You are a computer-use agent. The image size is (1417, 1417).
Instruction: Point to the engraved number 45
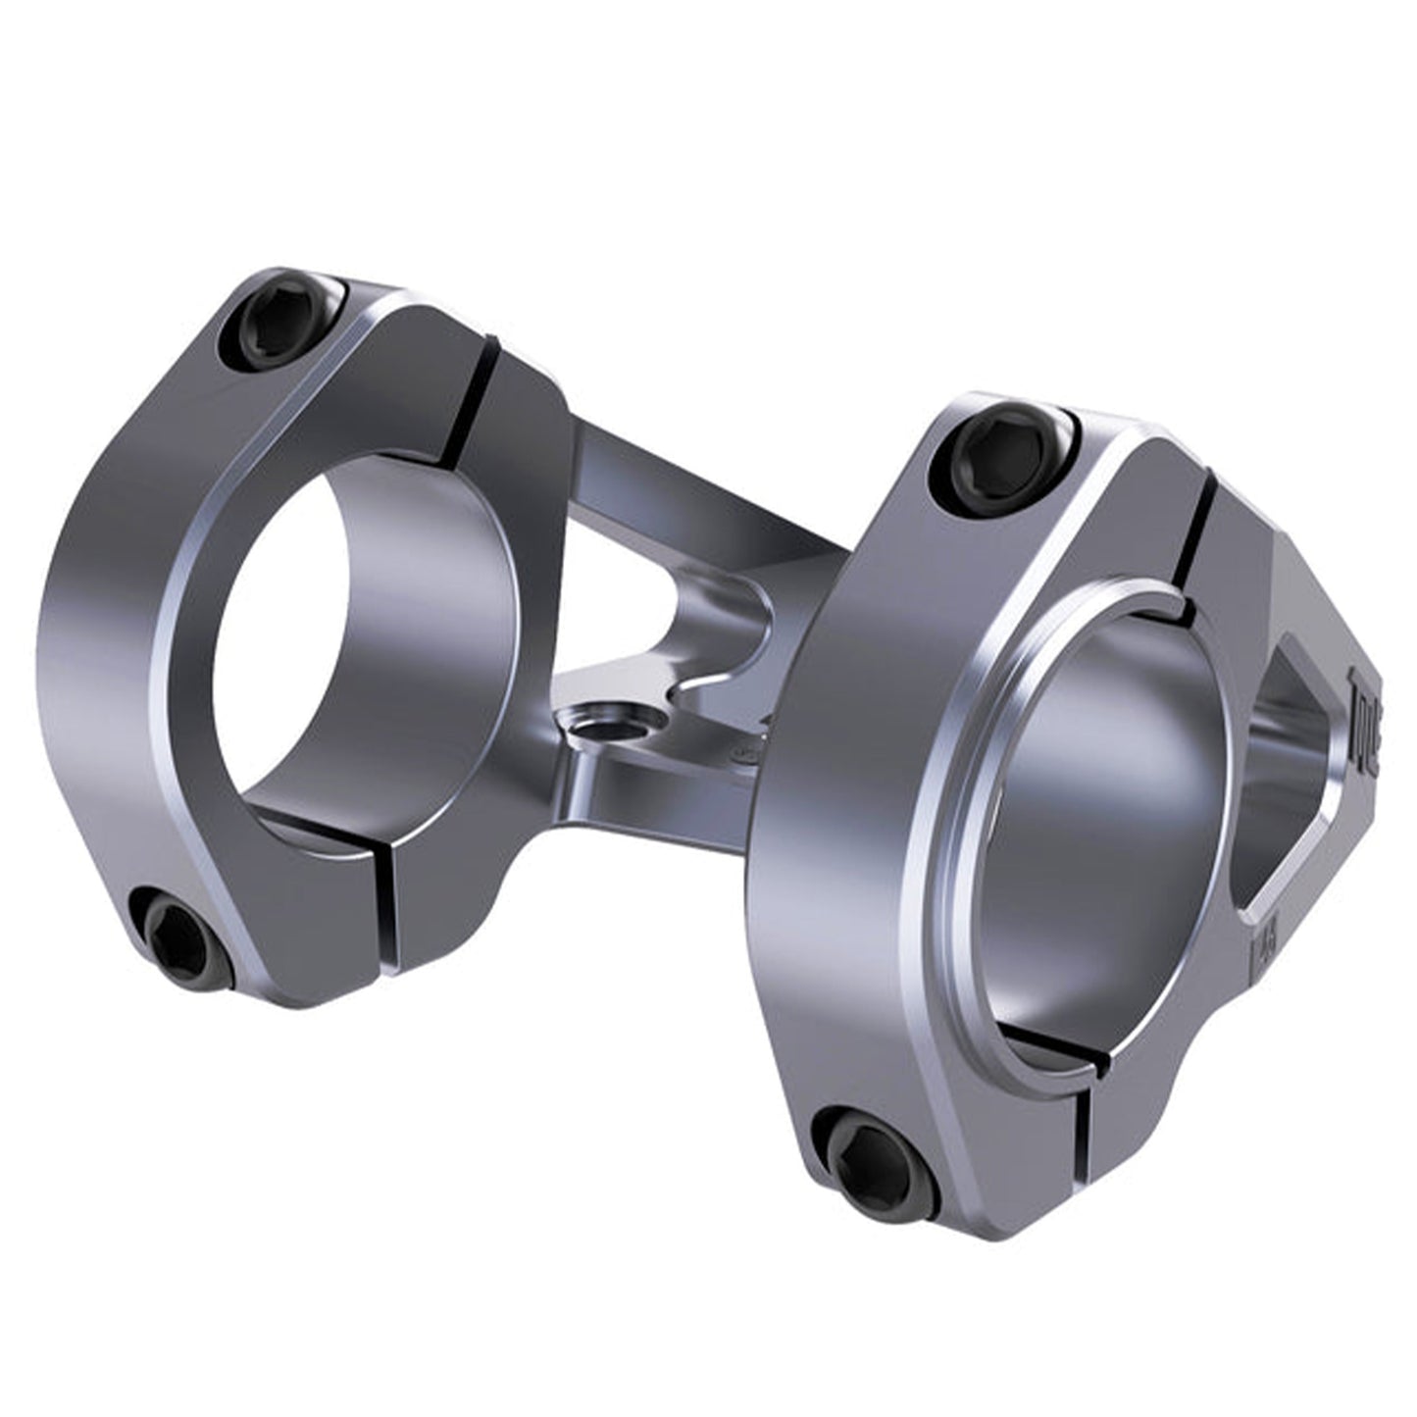(x=1263, y=945)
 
